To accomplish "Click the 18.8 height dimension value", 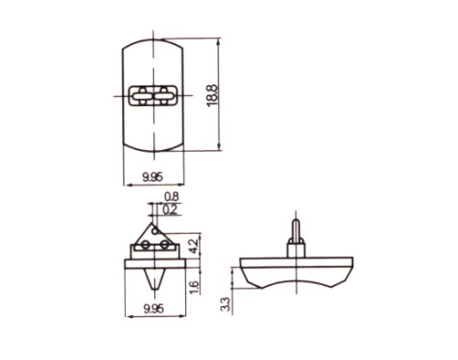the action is point(212,96).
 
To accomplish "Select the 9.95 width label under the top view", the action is point(153,177).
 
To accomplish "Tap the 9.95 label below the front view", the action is point(153,309).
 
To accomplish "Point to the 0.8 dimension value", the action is point(171,197).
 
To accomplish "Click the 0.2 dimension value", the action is point(170,210).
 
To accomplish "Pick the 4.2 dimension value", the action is point(195,246).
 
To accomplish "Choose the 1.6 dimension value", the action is point(195,287).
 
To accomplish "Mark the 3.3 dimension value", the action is point(226,305).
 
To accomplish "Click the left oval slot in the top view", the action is point(141,96).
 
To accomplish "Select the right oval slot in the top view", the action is point(164,96).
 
